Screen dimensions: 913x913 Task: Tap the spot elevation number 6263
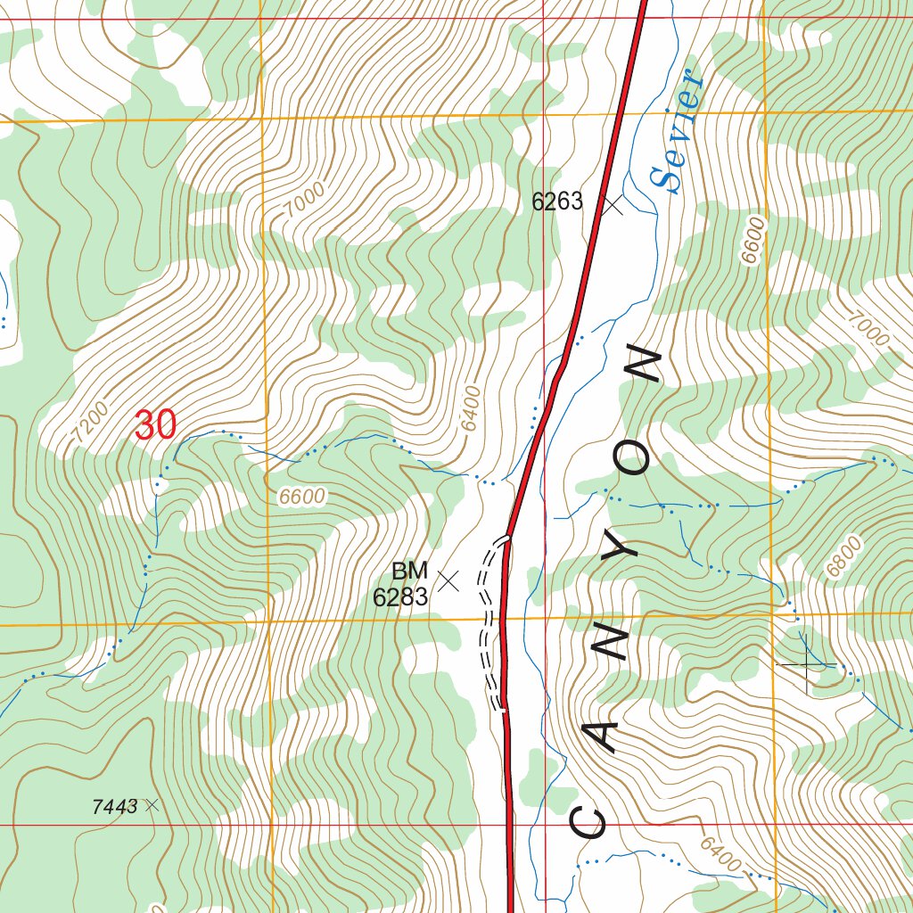pyautogui.click(x=557, y=202)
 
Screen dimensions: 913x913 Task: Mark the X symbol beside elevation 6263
pyautogui.click(x=612, y=206)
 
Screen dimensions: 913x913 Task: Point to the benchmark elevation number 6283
pyautogui.click(x=400, y=597)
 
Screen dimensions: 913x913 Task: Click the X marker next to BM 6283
pyautogui.click(x=448, y=581)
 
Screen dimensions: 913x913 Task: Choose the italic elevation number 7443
pyautogui.click(x=114, y=807)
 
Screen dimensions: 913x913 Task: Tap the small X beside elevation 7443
pyautogui.click(x=151, y=805)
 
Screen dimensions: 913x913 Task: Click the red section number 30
pyautogui.click(x=156, y=426)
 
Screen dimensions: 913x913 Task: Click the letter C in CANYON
pyautogui.click(x=588, y=822)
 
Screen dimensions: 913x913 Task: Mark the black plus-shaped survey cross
pyautogui.click(x=808, y=664)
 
